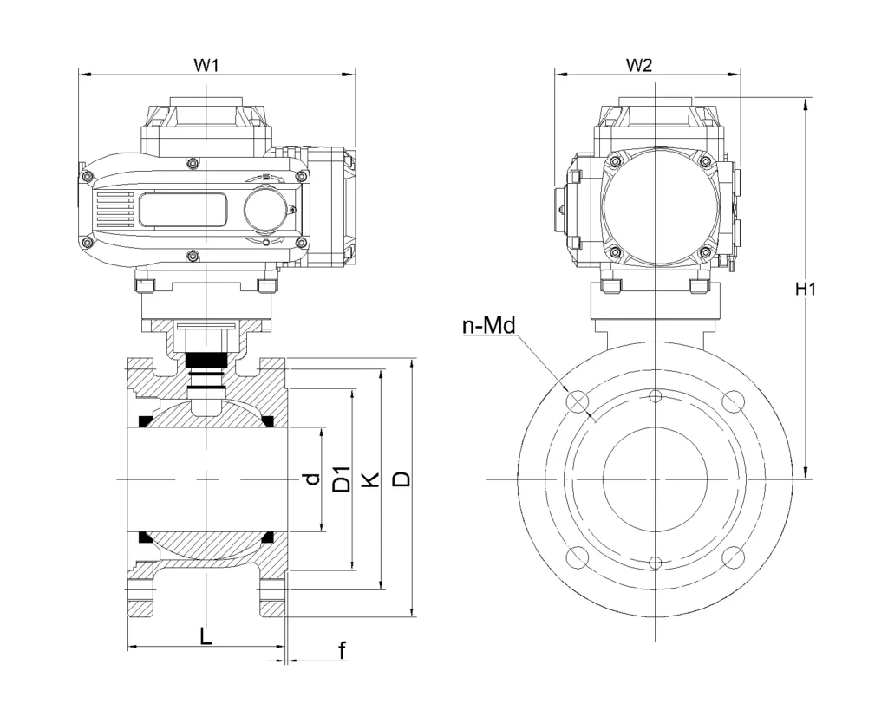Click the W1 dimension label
(x=206, y=65)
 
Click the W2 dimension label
(x=638, y=65)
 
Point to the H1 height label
(x=806, y=290)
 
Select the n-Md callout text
(x=488, y=326)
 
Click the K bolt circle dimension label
(x=370, y=479)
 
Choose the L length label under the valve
(x=205, y=635)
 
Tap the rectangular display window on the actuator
(x=183, y=209)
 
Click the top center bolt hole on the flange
(x=656, y=397)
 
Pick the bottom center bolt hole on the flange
(x=656, y=562)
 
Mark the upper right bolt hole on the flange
(x=734, y=401)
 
